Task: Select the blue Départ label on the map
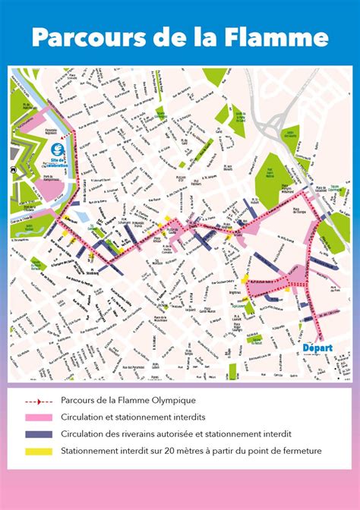coord(317,347)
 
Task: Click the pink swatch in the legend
coord(38,417)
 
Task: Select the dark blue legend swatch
coord(38,434)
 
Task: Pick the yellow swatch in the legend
coord(38,452)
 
